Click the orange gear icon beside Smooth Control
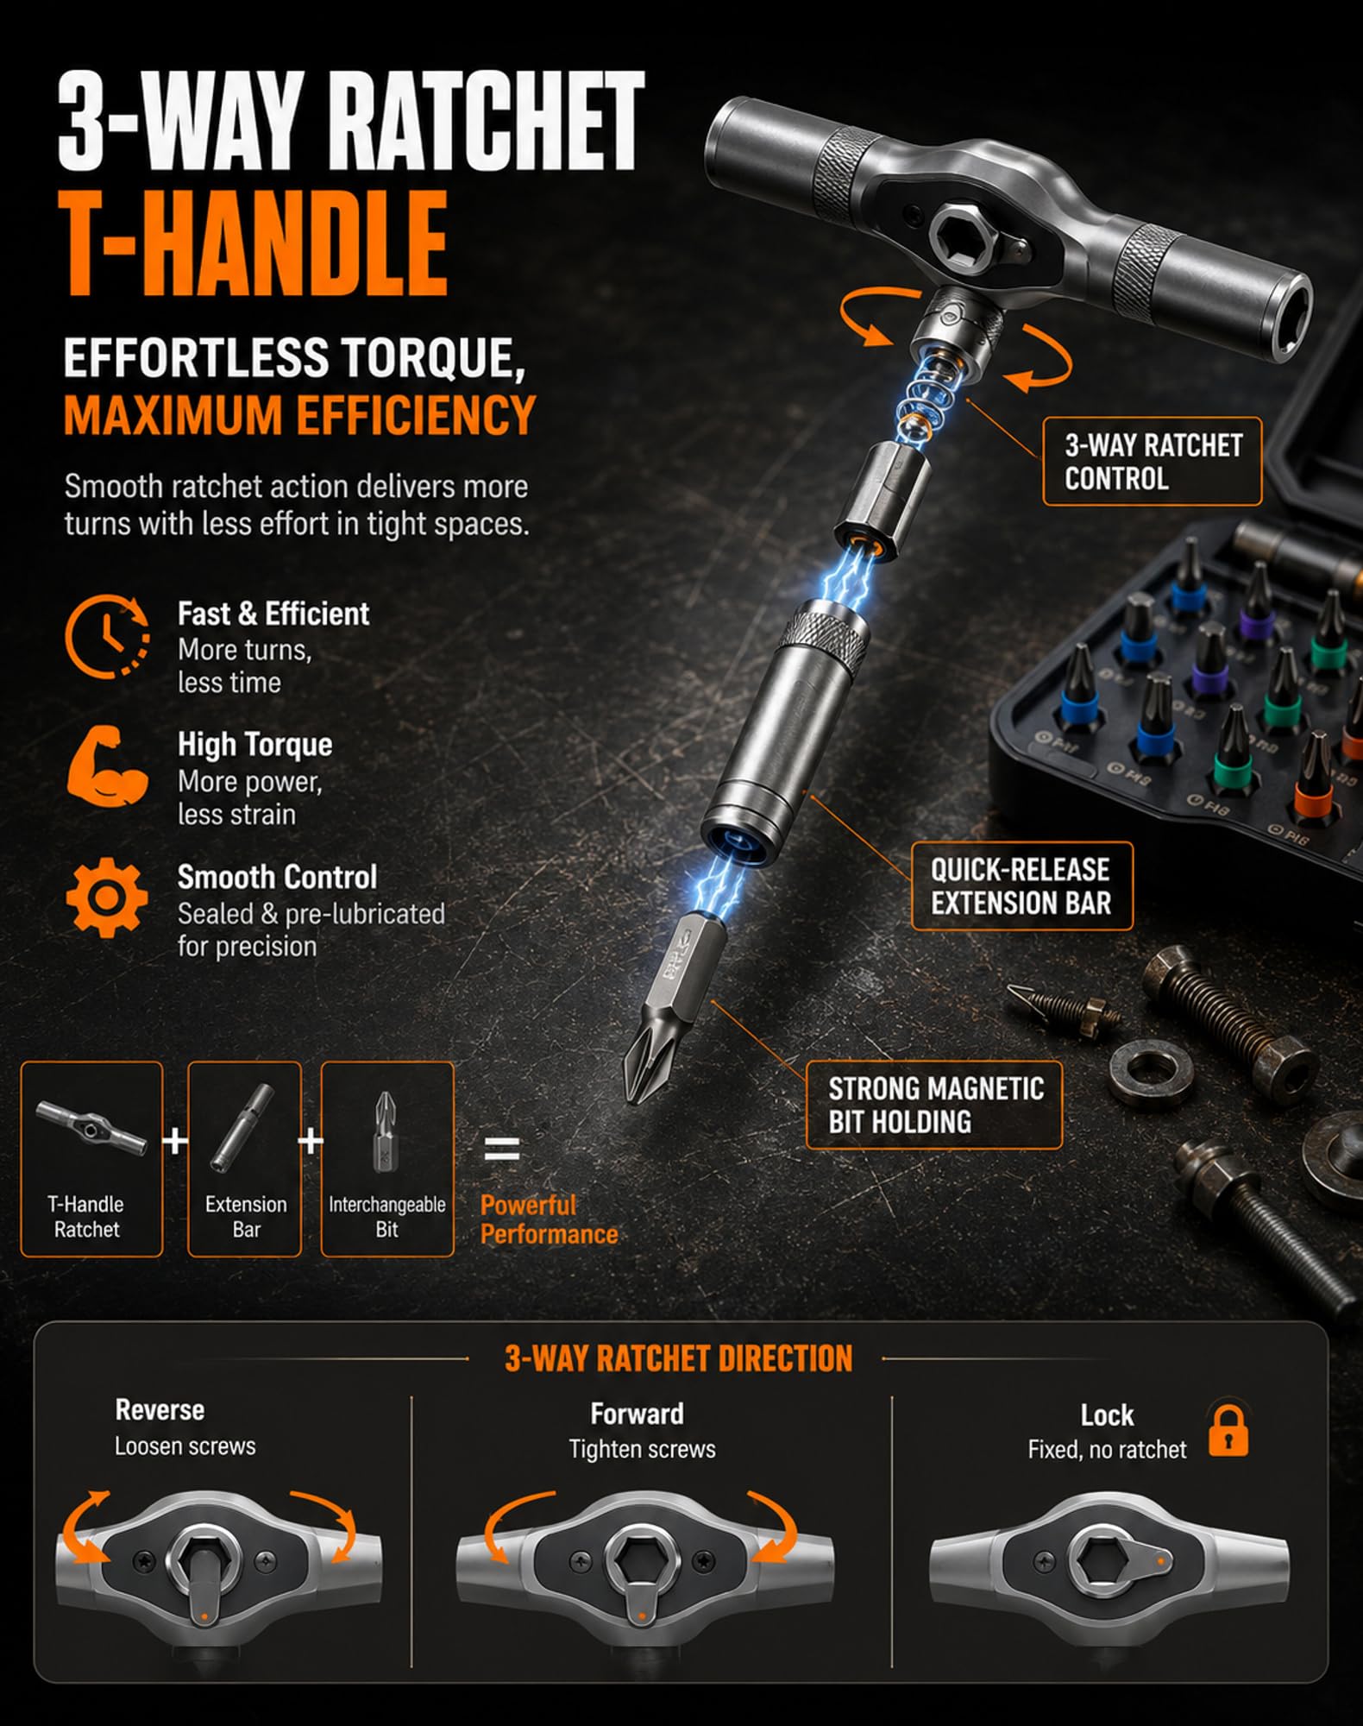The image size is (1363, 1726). coord(107,898)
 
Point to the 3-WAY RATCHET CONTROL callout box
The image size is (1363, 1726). coord(1152,462)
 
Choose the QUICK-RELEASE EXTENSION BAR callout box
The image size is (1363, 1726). coord(1021,886)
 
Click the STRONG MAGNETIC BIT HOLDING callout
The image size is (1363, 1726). coord(934,1106)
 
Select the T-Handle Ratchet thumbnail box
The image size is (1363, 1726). coord(91,1159)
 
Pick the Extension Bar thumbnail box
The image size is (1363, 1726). coord(245,1159)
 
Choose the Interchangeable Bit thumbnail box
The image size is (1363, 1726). coord(387,1159)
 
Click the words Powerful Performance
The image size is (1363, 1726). coord(549,1219)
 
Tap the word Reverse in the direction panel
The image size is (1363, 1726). coord(160,1410)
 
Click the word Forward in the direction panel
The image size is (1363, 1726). coord(637,1414)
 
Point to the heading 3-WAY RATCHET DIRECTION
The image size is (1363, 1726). coord(678,1358)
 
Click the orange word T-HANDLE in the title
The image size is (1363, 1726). coord(254,244)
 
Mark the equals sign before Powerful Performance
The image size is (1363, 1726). coord(501,1149)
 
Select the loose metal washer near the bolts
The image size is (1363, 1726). coord(1150,1074)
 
